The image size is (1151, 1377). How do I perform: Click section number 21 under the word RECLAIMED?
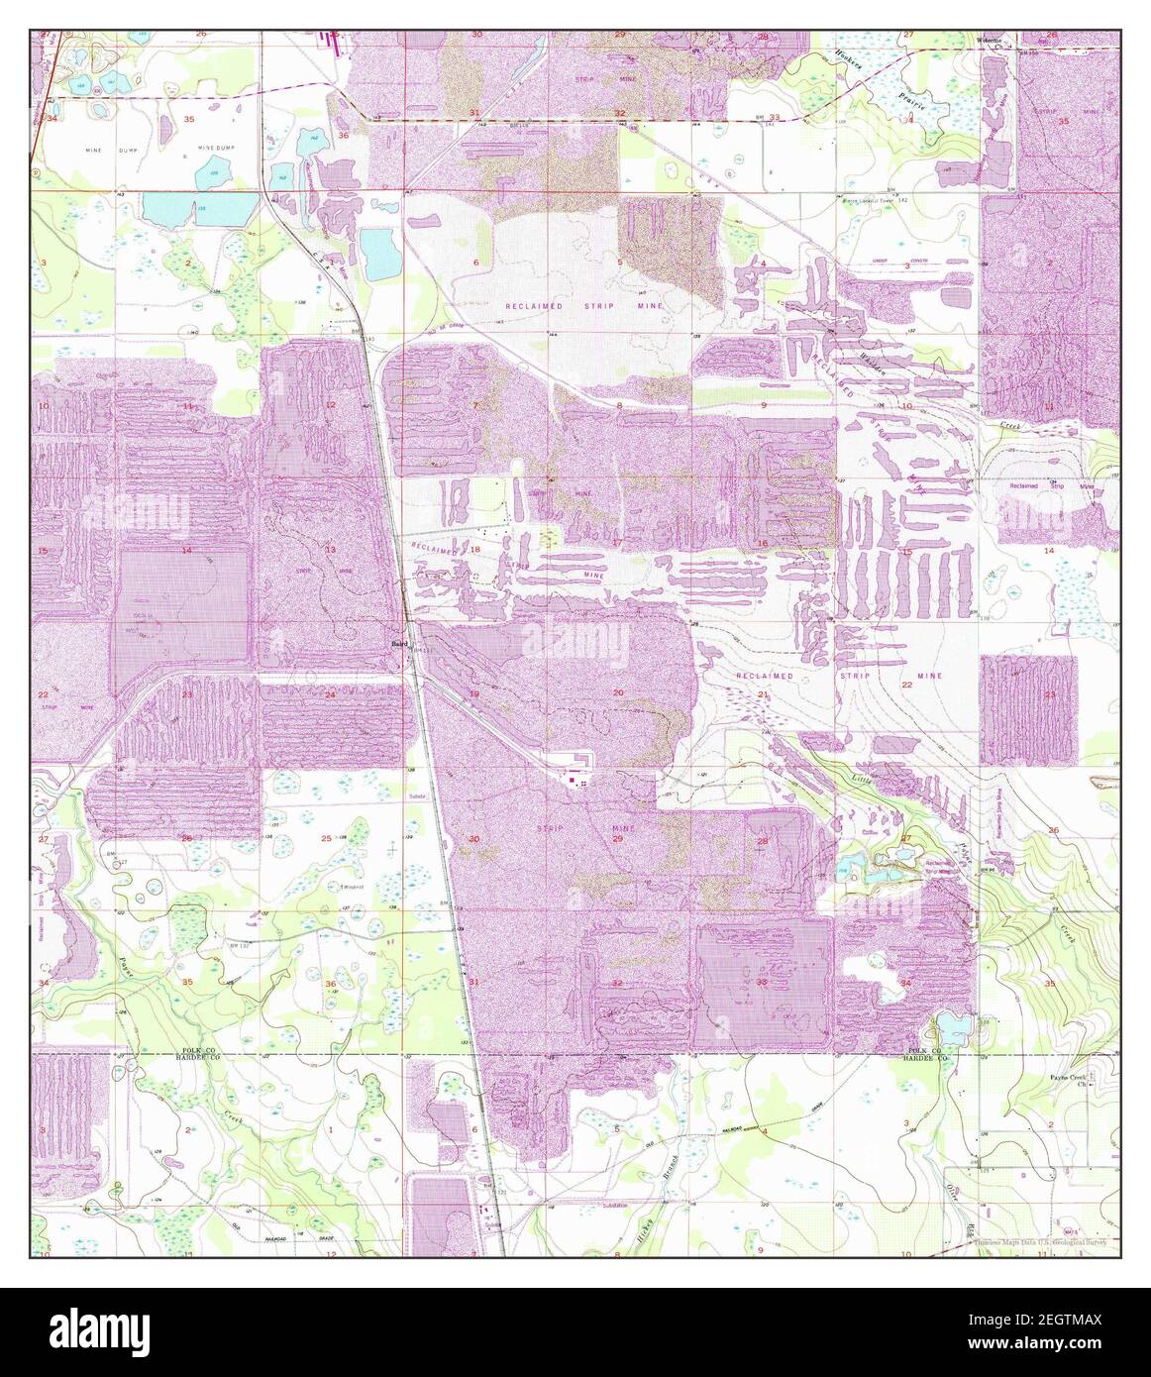click(x=762, y=695)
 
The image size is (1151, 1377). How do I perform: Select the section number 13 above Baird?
click(x=330, y=549)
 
